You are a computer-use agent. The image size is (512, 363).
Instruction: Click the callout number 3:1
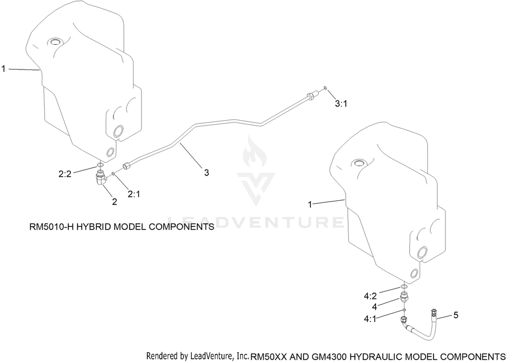341,104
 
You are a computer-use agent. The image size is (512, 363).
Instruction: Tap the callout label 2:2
65,174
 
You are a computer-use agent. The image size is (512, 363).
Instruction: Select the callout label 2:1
134,194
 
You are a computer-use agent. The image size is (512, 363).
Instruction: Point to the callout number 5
456,315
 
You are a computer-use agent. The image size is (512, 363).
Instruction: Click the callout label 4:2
370,296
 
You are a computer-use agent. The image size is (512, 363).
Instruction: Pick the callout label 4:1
370,319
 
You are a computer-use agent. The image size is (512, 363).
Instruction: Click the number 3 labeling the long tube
207,173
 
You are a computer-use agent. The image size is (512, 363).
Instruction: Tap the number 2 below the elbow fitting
114,201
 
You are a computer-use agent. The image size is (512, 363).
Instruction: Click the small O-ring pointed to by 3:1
325,88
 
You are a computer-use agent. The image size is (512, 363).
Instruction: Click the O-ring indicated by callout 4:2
404,287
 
